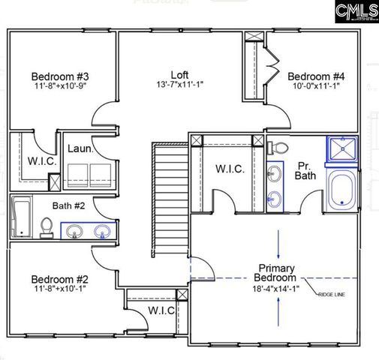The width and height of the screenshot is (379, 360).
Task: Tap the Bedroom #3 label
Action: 61,76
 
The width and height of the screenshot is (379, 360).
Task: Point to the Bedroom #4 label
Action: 316,76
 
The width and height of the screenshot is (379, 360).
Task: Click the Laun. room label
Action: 80,149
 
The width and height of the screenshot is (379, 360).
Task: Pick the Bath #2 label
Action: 88,205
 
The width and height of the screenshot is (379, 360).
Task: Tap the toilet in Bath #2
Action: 47,226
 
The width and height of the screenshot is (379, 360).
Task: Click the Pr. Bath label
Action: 305,170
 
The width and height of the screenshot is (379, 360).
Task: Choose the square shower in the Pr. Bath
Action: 343,151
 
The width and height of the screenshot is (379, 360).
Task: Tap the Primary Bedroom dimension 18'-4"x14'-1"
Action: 276,288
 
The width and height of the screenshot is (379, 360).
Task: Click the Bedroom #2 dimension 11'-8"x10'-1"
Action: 61,288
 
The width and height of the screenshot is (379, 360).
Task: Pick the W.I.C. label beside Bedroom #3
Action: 38,160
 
